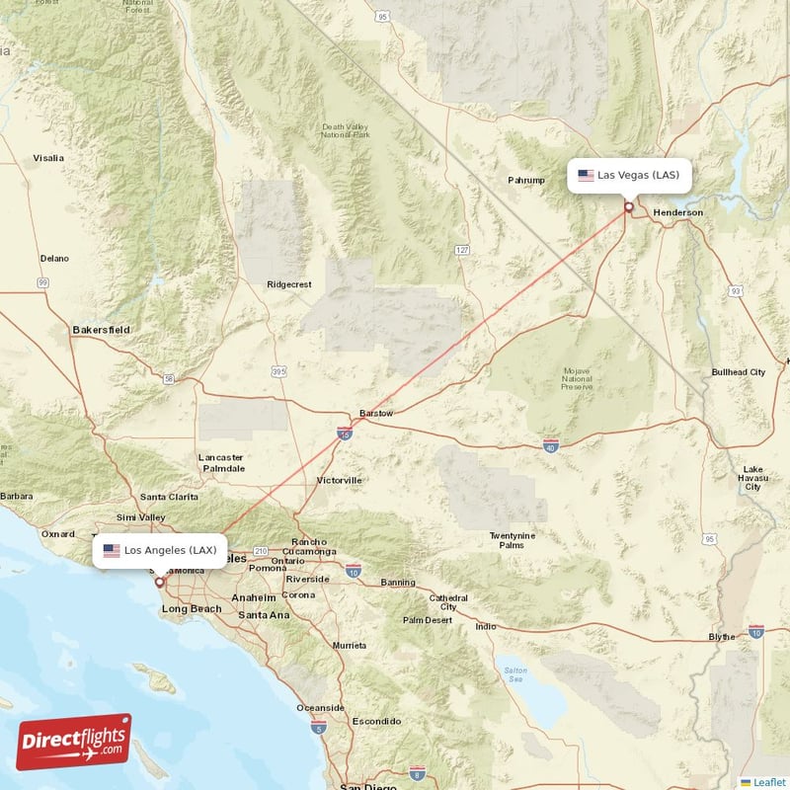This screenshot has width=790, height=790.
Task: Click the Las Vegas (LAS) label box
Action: (629, 175)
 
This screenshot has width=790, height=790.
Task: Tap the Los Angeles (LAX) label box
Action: (160, 549)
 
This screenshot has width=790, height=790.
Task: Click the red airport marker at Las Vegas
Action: (629, 207)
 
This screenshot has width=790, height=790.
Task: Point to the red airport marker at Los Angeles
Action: (159, 582)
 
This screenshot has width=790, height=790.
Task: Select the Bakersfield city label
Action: (101, 329)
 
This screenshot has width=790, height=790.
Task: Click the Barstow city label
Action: (375, 413)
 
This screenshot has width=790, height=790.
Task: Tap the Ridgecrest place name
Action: (288, 284)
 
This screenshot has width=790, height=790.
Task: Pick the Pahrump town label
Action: (525, 181)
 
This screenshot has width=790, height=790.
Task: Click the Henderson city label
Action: (677, 212)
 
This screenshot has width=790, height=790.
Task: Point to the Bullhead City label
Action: (738, 372)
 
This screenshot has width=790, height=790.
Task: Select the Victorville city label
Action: (339, 480)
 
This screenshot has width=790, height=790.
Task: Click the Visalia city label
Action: (47, 158)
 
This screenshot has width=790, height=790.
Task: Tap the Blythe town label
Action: (722, 637)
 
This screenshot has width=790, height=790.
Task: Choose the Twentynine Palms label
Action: (512, 540)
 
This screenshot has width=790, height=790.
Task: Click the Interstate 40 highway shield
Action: (551, 445)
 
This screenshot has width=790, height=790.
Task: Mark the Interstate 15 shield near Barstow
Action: (344, 433)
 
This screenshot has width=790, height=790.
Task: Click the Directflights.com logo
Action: (74, 741)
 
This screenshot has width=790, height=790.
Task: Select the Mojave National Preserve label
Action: (576, 379)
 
